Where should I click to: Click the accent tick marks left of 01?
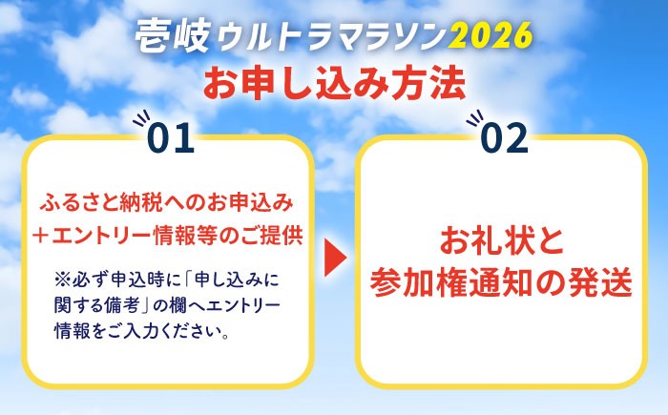(x=141, y=123)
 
